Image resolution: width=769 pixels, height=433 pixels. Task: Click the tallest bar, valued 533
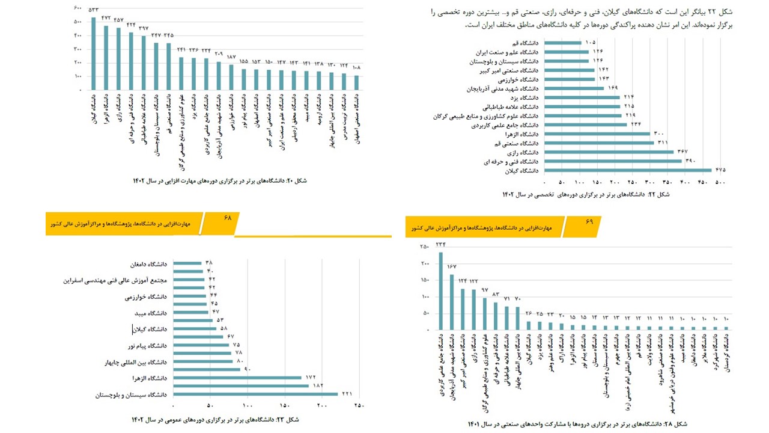click(94, 54)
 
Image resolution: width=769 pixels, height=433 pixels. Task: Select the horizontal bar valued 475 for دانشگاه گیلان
click(628, 170)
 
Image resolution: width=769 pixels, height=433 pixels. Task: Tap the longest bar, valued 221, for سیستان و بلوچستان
click(255, 395)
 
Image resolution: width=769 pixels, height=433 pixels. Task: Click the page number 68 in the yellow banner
click(228, 217)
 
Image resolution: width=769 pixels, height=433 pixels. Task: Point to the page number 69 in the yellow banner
click(589, 221)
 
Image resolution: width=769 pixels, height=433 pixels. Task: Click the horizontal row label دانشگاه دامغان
click(147, 263)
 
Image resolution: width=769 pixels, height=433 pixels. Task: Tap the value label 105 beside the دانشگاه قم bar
click(590, 43)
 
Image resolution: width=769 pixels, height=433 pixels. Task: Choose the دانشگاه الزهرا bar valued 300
click(598, 134)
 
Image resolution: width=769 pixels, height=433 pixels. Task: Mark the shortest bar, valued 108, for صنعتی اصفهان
click(356, 82)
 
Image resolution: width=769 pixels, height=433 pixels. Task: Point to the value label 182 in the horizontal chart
click(317, 385)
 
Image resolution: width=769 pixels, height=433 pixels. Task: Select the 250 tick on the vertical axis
click(424, 247)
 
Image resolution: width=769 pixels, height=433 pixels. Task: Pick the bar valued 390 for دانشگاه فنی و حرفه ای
click(613, 161)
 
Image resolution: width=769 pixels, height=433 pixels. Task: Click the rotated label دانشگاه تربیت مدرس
click(344, 117)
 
